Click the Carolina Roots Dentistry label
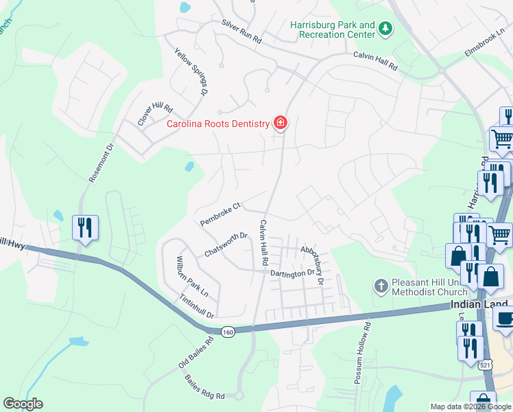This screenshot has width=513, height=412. click(219, 124)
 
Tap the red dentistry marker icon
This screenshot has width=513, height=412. click(280, 124)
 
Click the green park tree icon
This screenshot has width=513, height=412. click(386, 28)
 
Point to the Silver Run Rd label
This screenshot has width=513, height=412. click(241, 32)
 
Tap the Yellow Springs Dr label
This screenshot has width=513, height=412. click(191, 71)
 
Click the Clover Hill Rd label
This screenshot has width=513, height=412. click(155, 115)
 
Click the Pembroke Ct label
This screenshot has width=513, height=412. click(219, 214)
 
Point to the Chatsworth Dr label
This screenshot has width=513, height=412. click(226, 245)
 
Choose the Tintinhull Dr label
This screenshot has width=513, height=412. click(197, 306)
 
